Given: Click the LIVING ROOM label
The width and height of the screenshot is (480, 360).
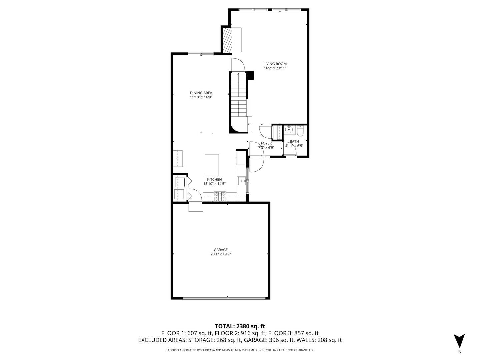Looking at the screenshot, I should [x=275, y=64].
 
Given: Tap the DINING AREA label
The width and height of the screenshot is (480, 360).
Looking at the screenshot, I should [x=201, y=93].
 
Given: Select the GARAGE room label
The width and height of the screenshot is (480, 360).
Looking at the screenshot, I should [x=221, y=250].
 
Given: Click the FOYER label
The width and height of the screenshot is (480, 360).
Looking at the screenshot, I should [x=266, y=143].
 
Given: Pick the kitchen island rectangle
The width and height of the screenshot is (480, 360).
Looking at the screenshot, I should [x=212, y=165].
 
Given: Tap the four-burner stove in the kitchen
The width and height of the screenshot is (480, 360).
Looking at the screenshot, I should [x=220, y=197].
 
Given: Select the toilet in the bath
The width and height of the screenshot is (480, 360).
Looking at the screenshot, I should [x=300, y=132].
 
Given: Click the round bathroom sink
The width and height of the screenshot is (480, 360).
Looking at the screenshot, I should [x=289, y=130].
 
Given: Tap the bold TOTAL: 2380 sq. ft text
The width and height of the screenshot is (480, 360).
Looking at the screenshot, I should [x=240, y=326].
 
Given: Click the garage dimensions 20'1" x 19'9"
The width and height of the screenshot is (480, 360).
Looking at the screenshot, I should [x=221, y=254].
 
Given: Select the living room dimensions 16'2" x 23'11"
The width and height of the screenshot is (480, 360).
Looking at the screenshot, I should [x=275, y=68].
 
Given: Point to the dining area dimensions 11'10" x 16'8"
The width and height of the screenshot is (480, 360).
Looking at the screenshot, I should [x=201, y=97].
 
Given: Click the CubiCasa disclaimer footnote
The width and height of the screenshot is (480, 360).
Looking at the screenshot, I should [x=240, y=350].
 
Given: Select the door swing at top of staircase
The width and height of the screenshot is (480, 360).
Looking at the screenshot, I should [x=238, y=65].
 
